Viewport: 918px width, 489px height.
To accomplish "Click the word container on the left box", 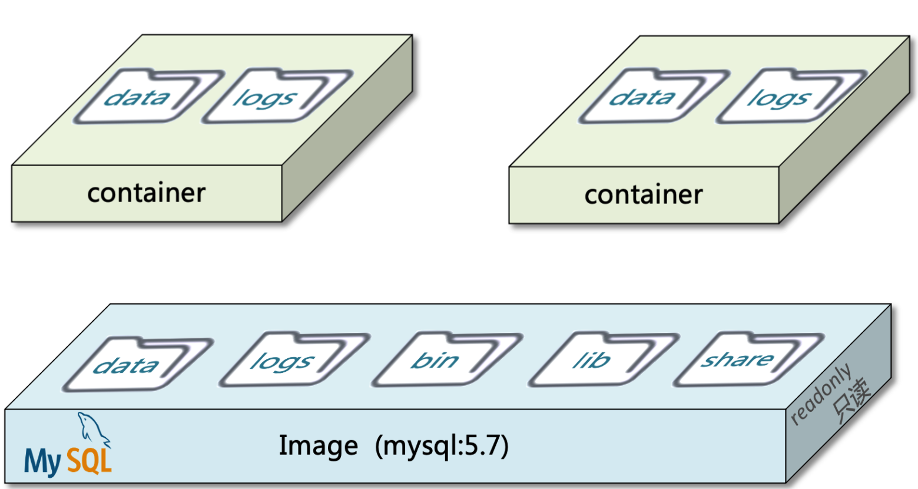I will pos(146,193).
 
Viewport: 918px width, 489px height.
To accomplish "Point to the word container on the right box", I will pos(643,195).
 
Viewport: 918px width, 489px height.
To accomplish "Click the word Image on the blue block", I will pos(318,446).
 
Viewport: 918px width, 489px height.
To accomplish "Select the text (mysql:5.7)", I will pos(442,447).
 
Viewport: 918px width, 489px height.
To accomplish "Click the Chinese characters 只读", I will pos(851,404).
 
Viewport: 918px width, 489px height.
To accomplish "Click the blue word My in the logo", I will pos(42,461).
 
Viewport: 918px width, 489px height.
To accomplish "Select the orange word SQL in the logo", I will pos(89,461).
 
